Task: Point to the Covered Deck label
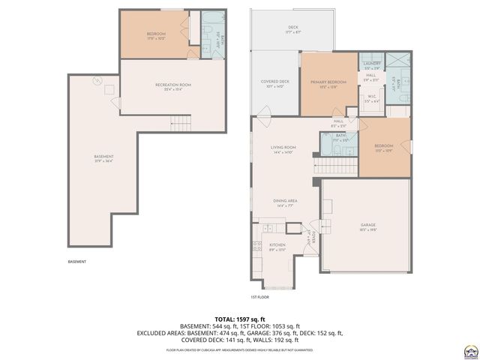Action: point(274,83)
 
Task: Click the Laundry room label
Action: point(372,64)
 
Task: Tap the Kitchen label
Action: point(277,246)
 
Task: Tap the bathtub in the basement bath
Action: point(207,34)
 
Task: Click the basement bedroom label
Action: point(156,35)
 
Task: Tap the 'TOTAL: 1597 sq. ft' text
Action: point(240,319)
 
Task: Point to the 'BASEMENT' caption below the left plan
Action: point(77,262)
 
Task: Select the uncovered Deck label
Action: point(292,29)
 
